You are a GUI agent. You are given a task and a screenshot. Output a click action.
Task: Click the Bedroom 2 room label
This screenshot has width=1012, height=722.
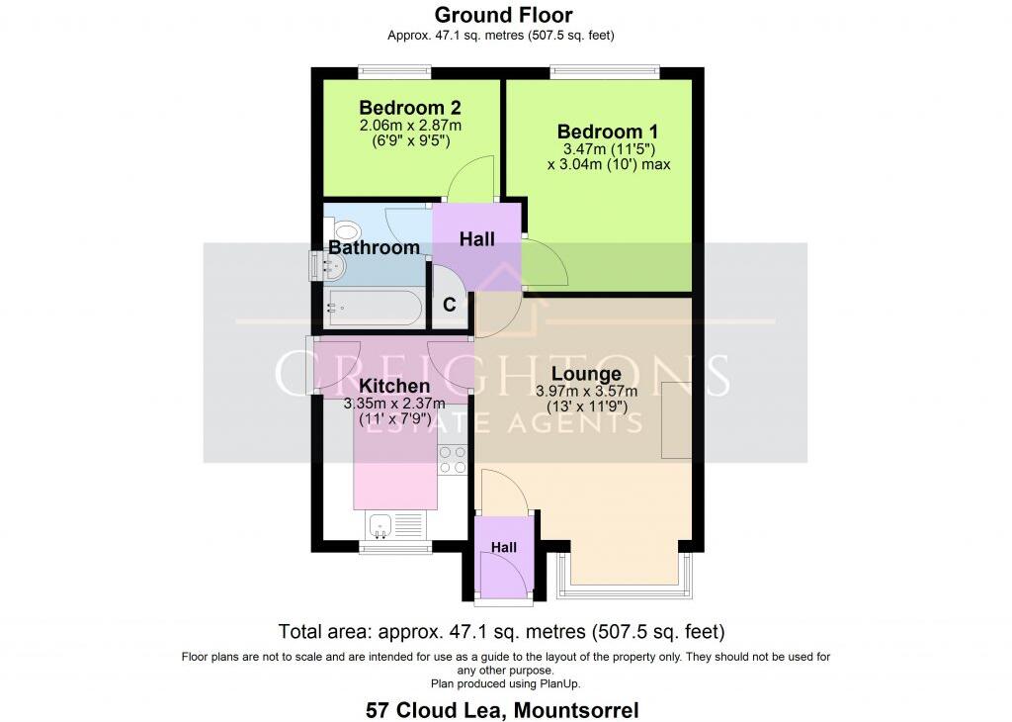tap(409, 108)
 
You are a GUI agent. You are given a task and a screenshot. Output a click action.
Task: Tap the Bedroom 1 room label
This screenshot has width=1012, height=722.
tap(608, 132)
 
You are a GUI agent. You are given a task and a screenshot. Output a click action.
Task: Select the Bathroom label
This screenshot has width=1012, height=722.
tap(375, 247)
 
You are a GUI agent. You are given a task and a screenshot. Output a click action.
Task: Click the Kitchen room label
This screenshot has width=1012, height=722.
tap(393, 386)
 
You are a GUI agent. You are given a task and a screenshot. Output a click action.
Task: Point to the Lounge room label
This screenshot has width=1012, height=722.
tap(586, 374)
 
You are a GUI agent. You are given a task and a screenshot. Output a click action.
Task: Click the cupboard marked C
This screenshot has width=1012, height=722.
tap(449, 305)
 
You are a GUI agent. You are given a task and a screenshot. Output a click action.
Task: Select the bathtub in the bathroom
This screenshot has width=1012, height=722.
tap(374, 308)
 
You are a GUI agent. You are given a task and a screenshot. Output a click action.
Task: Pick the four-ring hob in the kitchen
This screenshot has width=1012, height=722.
tap(453, 461)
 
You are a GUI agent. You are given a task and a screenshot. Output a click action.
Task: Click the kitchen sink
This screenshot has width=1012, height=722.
tap(381, 524)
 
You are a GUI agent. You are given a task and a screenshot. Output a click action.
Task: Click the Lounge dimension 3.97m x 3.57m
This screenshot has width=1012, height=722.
tap(587, 391)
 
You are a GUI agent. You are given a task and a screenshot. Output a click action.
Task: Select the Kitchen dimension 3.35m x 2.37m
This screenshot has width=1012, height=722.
tap(393, 404)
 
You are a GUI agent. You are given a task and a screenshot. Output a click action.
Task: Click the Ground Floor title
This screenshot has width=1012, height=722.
tap(504, 15)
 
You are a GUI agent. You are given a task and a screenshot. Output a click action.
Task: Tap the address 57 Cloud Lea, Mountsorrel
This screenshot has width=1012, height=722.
tap(502, 709)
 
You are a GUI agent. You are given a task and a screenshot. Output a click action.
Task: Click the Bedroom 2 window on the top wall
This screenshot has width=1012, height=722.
tap(394, 69)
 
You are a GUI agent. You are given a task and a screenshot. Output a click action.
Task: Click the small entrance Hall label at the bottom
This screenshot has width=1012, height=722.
tap(504, 547)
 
